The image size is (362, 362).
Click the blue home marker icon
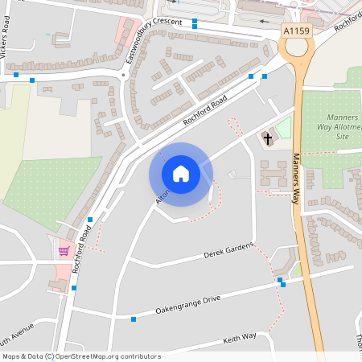(x=181, y=174)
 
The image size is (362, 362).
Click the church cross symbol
(x=266, y=139)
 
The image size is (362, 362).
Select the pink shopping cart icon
(x=64, y=252)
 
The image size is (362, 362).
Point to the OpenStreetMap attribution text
(x=81, y=356)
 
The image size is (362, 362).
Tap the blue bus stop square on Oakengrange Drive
(x=134, y=319)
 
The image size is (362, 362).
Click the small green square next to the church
(x=282, y=127)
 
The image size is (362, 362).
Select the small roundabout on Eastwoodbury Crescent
(x=125, y=75)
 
